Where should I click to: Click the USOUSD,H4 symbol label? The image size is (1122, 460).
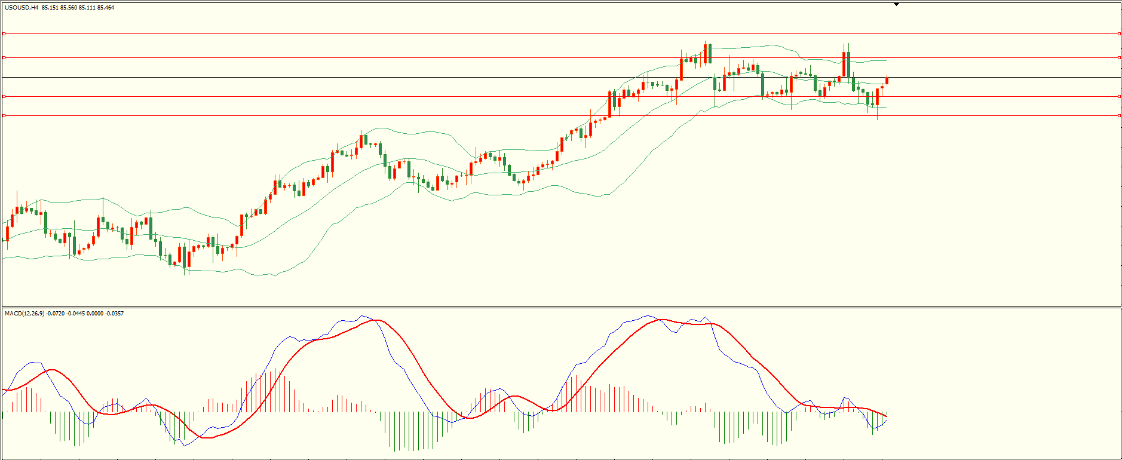coord(22,8)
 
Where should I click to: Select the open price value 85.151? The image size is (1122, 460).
coord(50,8)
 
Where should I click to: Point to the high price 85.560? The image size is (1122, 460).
coord(68,8)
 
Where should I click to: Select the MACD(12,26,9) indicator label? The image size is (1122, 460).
coord(24,314)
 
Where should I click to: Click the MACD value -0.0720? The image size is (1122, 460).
coord(55,314)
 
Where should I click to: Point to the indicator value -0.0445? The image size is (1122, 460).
coord(75,314)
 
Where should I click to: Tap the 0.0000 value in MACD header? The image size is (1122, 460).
coord(94,314)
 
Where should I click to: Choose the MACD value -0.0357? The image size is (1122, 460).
coord(114,314)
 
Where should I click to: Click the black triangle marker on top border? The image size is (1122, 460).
coord(896,4)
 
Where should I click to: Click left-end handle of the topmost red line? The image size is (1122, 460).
coord(4,34)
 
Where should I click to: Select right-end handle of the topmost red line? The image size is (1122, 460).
coord(1118,34)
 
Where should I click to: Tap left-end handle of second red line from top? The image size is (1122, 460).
coord(4,58)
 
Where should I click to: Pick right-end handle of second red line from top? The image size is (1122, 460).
coord(1118,58)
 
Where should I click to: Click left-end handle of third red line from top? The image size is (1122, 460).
coord(4,96)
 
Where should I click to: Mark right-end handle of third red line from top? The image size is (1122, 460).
coord(1118,96)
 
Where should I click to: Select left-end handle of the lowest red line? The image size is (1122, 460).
coord(4,116)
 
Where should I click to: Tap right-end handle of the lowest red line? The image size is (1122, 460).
coord(1118,116)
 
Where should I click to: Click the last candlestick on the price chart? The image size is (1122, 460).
coord(887,81)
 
